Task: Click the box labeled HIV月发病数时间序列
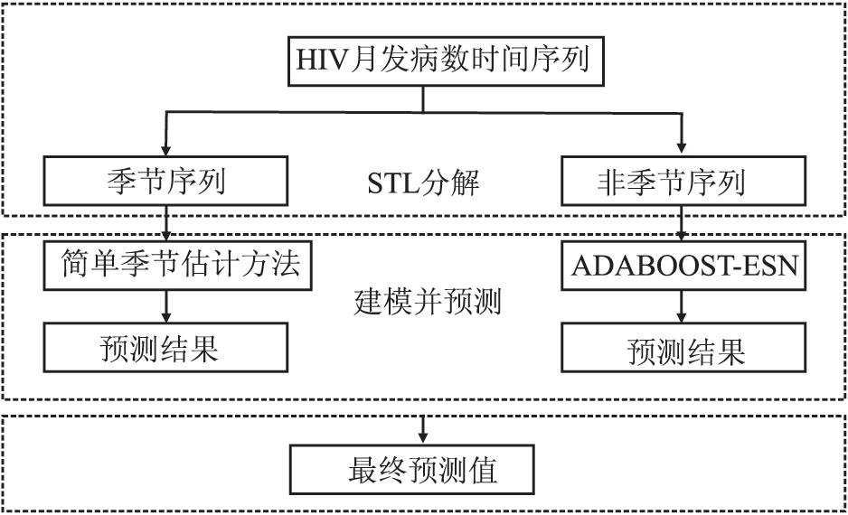coord(446,61)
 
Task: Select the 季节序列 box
coord(165,181)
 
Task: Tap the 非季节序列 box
coord(683,181)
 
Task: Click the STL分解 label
coord(423,183)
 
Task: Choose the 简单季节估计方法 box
coord(177,266)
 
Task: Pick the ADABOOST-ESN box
coord(683,266)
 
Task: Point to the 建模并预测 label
coord(428,302)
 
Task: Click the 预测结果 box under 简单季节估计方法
coord(165,348)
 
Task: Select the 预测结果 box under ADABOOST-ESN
coord(683,348)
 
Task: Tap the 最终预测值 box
coord(412,470)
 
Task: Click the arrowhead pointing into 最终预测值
coord(423,437)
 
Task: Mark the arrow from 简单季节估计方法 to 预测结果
coord(166,307)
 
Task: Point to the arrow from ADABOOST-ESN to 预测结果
coord(682,307)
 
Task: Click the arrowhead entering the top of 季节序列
coord(166,150)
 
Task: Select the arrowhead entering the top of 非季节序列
coord(682,148)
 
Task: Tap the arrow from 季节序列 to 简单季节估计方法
coord(166,223)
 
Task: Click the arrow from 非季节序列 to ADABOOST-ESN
coord(682,223)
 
